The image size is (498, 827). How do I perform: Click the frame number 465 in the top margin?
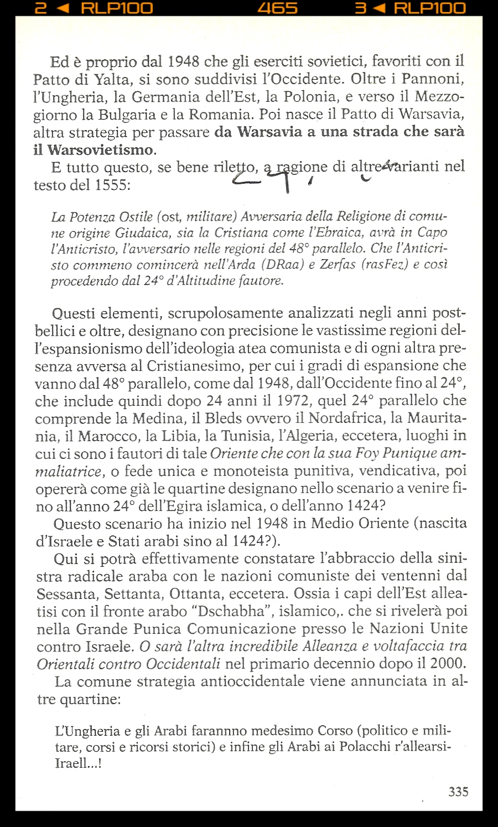(x=278, y=8)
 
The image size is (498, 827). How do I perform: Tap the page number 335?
(x=458, y=792)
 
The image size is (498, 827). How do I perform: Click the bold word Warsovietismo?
(x=100, y=150)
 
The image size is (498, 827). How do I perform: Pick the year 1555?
(x=112, y=185)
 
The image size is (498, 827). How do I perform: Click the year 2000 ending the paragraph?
(x=447, y=663)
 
